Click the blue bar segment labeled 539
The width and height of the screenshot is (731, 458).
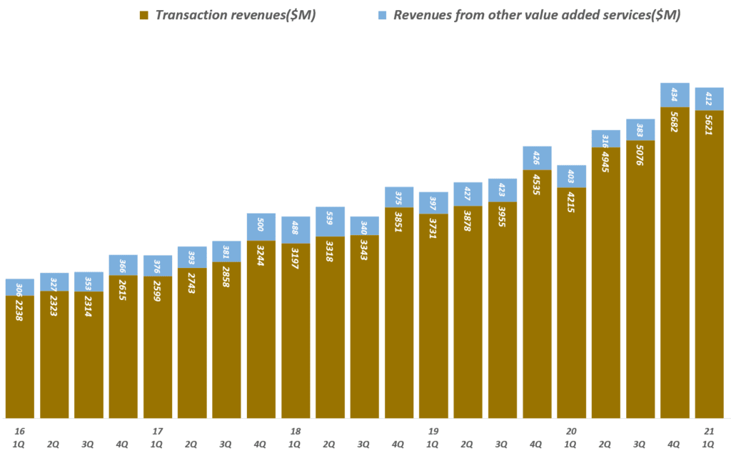point(330,221)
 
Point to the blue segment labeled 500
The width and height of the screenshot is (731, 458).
point(261,227)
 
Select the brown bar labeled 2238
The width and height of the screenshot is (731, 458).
point(19,357)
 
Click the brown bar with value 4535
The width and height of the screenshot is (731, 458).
point(537,293)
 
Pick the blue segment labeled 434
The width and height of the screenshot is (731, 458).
point(675,95)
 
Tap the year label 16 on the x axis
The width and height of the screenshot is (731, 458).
point(19,432)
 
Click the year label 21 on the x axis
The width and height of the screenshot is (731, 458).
point(709,432)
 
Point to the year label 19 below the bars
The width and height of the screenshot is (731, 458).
point(433,432)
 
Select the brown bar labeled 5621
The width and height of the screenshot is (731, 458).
point(709,264)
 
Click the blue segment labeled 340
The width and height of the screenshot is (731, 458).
point(365,226)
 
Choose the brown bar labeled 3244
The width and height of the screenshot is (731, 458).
point(261,329)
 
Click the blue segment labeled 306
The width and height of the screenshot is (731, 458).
point(19,287)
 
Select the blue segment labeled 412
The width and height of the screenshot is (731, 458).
point(709,99)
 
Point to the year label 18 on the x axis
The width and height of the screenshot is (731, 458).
point(296,432)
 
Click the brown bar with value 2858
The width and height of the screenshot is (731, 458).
point(226,339)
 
